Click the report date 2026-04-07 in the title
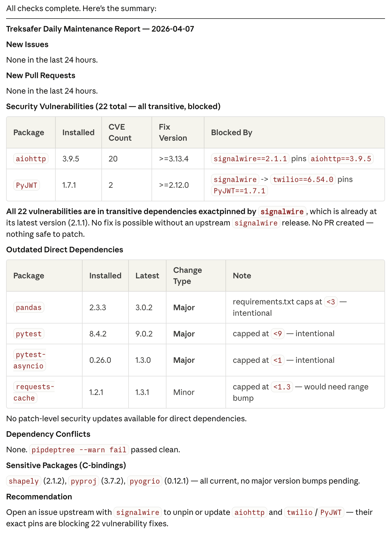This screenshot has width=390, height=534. (x=173, y=29)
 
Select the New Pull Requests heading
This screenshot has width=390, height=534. (x=41, y=75)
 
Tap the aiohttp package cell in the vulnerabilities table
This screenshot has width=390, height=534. (x=31, y=159)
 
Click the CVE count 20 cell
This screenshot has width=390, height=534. (x=113, y=159)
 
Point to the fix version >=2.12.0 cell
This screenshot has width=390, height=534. (x=174, y=185)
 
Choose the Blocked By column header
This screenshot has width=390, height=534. (x=232, y=132)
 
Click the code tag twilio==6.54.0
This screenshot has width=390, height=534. (x=303, y=179)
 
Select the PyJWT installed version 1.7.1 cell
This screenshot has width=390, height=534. (x=69, y=185)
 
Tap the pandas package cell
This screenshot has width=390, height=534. (x=29, y=307)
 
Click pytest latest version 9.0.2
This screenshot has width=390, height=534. (x=144, y=334)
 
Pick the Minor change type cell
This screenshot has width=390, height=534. (x=184, y=392)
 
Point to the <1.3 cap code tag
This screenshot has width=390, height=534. (x=282, y=387)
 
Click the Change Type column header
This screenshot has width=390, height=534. (x=188, y=276)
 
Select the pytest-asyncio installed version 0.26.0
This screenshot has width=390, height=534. (x=100, y=360)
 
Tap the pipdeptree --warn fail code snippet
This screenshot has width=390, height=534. (x=79, y=450)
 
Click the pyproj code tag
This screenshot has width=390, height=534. (x=83, y=481)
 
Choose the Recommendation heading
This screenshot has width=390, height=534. (x=39, y=497)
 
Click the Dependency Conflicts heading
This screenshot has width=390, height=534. (x=48, y=434)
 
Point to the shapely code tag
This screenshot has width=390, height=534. (x=24, y=481)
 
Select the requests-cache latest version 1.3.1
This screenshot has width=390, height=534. (x=142, y=392)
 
